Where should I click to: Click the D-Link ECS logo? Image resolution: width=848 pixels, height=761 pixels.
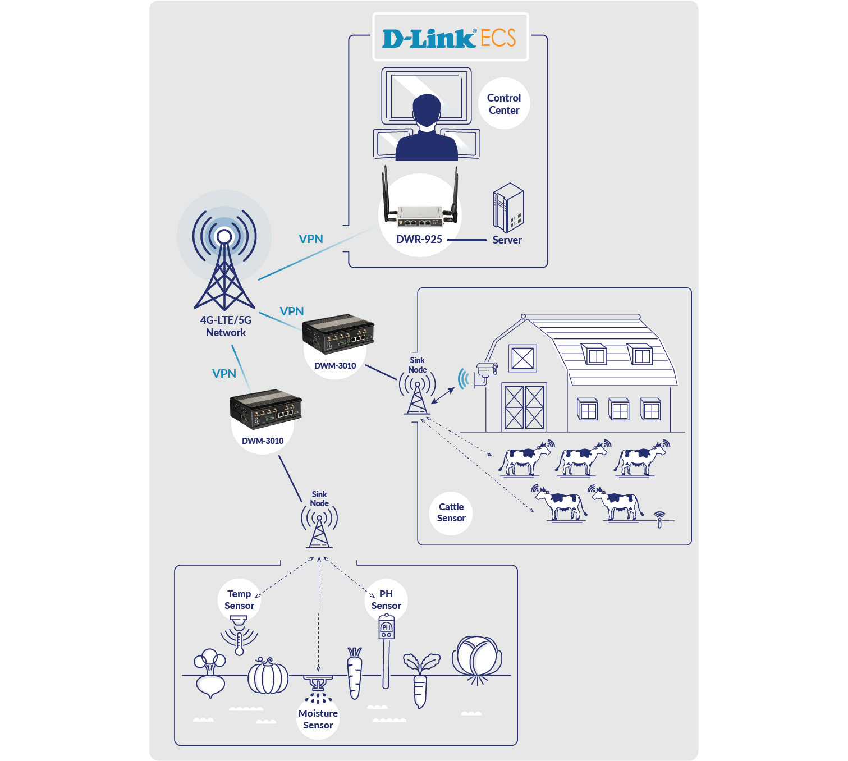coord(450,38)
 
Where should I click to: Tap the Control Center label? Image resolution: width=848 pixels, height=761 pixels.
coord(504,104)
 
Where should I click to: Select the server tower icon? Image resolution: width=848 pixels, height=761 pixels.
coord(508,208)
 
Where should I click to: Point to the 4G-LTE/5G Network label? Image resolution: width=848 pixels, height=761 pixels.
coord(226,326)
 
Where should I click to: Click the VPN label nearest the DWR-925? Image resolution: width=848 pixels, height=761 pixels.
coord(311,239)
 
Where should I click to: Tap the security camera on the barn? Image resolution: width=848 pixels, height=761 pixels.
coord(486,370)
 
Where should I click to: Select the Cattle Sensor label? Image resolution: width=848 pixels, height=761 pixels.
coord(451,512)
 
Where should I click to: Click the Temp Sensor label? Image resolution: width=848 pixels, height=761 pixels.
coord(239,599)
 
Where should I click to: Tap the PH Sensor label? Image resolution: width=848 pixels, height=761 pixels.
coord(386,599)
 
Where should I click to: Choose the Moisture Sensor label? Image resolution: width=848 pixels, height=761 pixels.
coord(318,719)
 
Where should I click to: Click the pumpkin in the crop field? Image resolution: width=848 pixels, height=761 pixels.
coord(268,676)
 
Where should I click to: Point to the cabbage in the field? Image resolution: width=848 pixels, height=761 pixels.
coord(476,657)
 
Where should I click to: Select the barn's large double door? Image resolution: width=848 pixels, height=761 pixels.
coord(524,407)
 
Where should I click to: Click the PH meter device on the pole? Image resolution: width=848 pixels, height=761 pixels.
coord(386,627)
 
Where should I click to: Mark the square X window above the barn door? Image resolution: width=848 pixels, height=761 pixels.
coord(522,358)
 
